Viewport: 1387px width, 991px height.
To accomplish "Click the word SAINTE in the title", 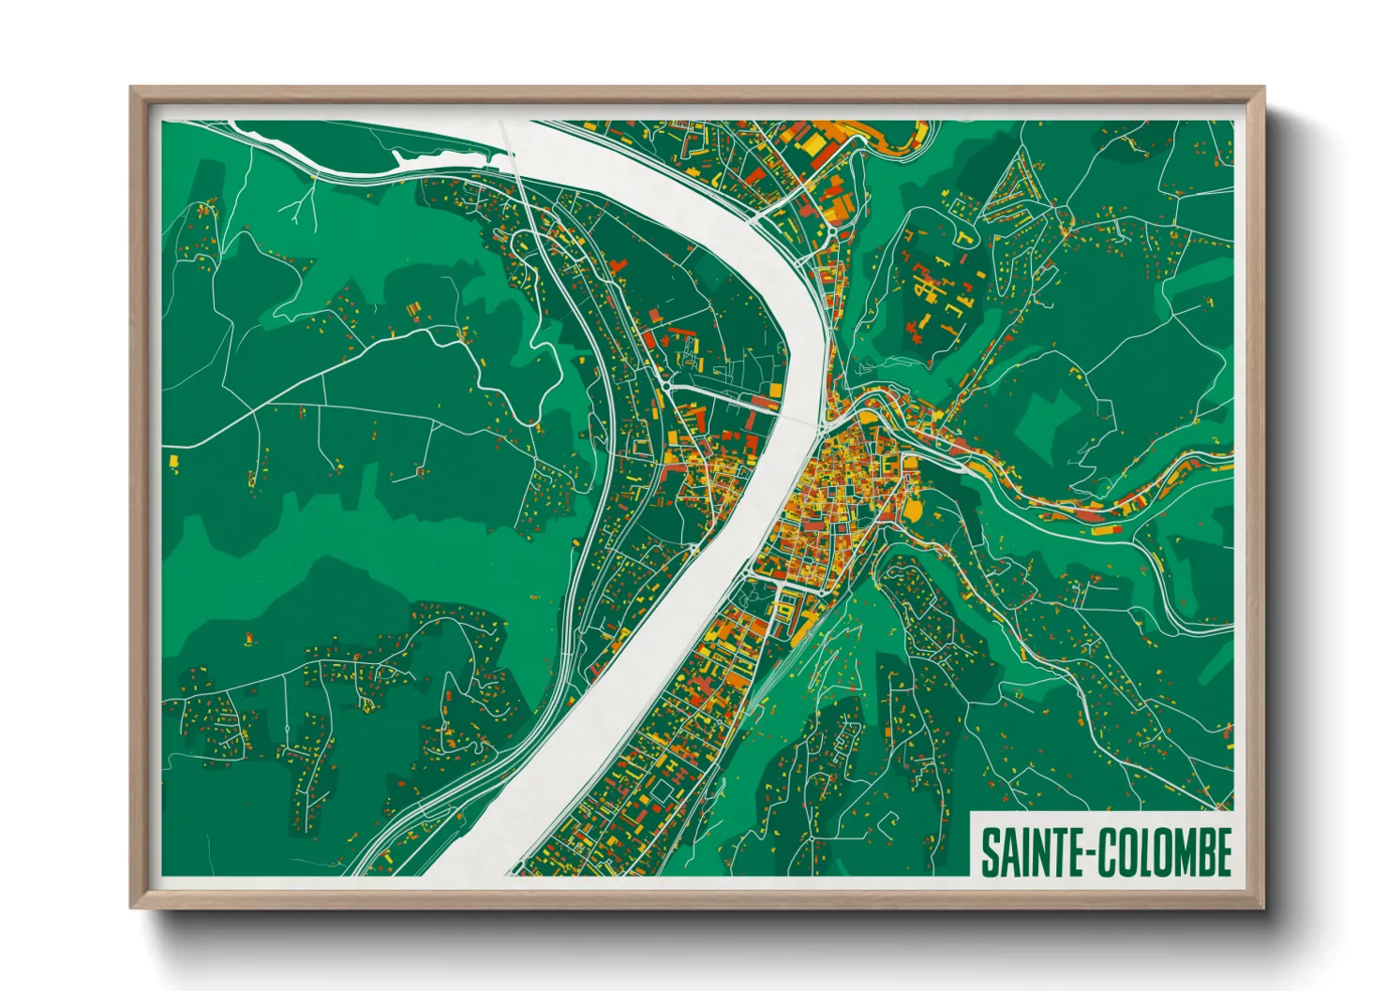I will [x=1029, y=852].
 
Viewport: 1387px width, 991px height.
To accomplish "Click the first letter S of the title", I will [x=990, y=852].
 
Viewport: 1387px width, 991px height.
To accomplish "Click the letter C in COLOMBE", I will [x=1103, y=852].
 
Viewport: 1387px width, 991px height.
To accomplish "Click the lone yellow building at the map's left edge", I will [x=173, y=460].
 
